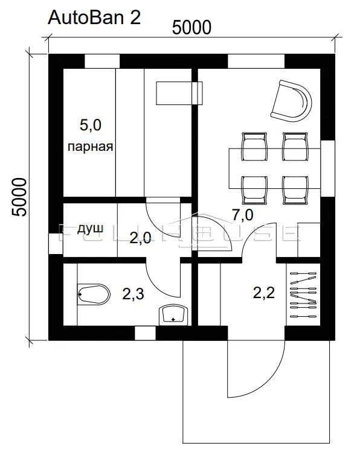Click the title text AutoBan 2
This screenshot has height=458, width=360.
94,17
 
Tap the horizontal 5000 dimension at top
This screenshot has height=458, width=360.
191,28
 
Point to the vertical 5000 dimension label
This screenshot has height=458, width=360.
19,197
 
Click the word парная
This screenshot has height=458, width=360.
91,146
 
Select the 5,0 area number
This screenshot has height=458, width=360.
91,125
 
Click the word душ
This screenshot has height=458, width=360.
91,229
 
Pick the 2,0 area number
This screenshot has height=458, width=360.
140,238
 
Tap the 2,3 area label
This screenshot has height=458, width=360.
133,293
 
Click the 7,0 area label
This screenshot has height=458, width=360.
242,215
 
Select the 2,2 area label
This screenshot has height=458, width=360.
264,293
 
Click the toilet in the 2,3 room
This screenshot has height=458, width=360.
94,294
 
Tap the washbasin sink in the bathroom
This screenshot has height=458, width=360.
173,315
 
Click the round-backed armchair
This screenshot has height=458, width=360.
292,101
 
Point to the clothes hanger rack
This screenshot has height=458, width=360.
303,294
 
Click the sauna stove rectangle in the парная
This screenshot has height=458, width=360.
179,93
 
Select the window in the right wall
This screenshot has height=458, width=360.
328,168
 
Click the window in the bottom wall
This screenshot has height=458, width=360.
145,333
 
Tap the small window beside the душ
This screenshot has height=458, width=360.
56,244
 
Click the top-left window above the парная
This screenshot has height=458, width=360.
102,61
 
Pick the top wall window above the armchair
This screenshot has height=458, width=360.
256,61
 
